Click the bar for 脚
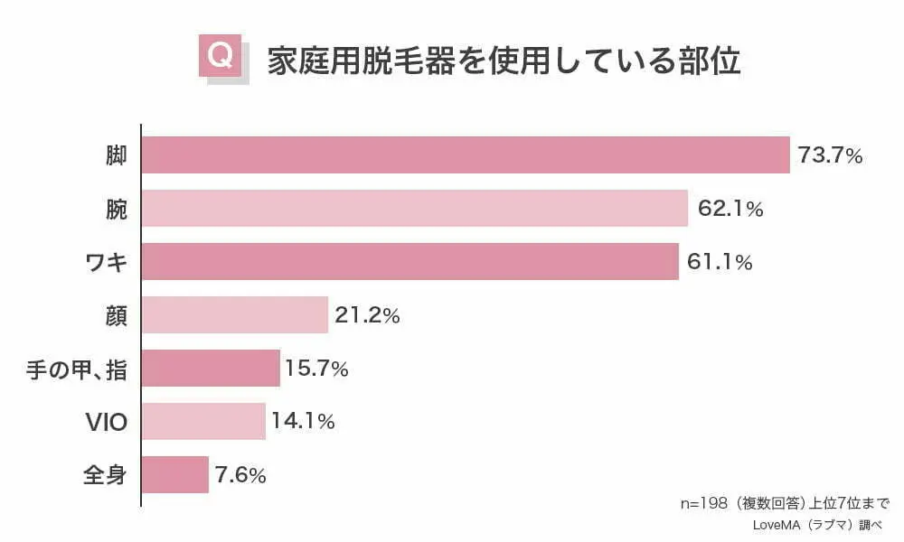point(466,154)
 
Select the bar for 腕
point(415,208)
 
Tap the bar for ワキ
point(410,261)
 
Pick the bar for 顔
point(235,314)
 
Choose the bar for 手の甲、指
point(211,368)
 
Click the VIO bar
point(203,421)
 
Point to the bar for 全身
point(175,474)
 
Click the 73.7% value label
point(830,156)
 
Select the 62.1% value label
point(730,210)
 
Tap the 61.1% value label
point(720,263)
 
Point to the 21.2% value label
point(367,316)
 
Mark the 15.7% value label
point(316,369)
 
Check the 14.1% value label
point(303,422)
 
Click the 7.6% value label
point(240,475)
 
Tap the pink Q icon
point(220,57)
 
